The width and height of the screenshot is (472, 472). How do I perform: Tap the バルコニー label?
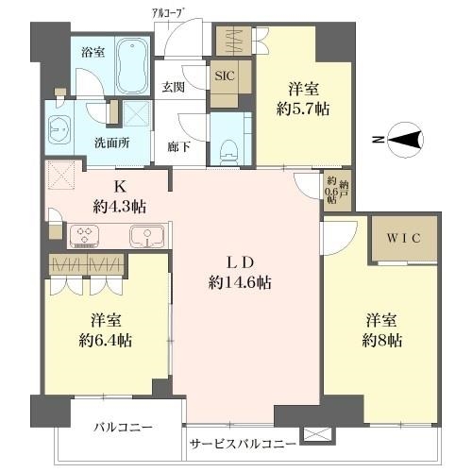[122, 428]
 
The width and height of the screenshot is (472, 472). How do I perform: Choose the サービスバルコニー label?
[244, 443]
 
